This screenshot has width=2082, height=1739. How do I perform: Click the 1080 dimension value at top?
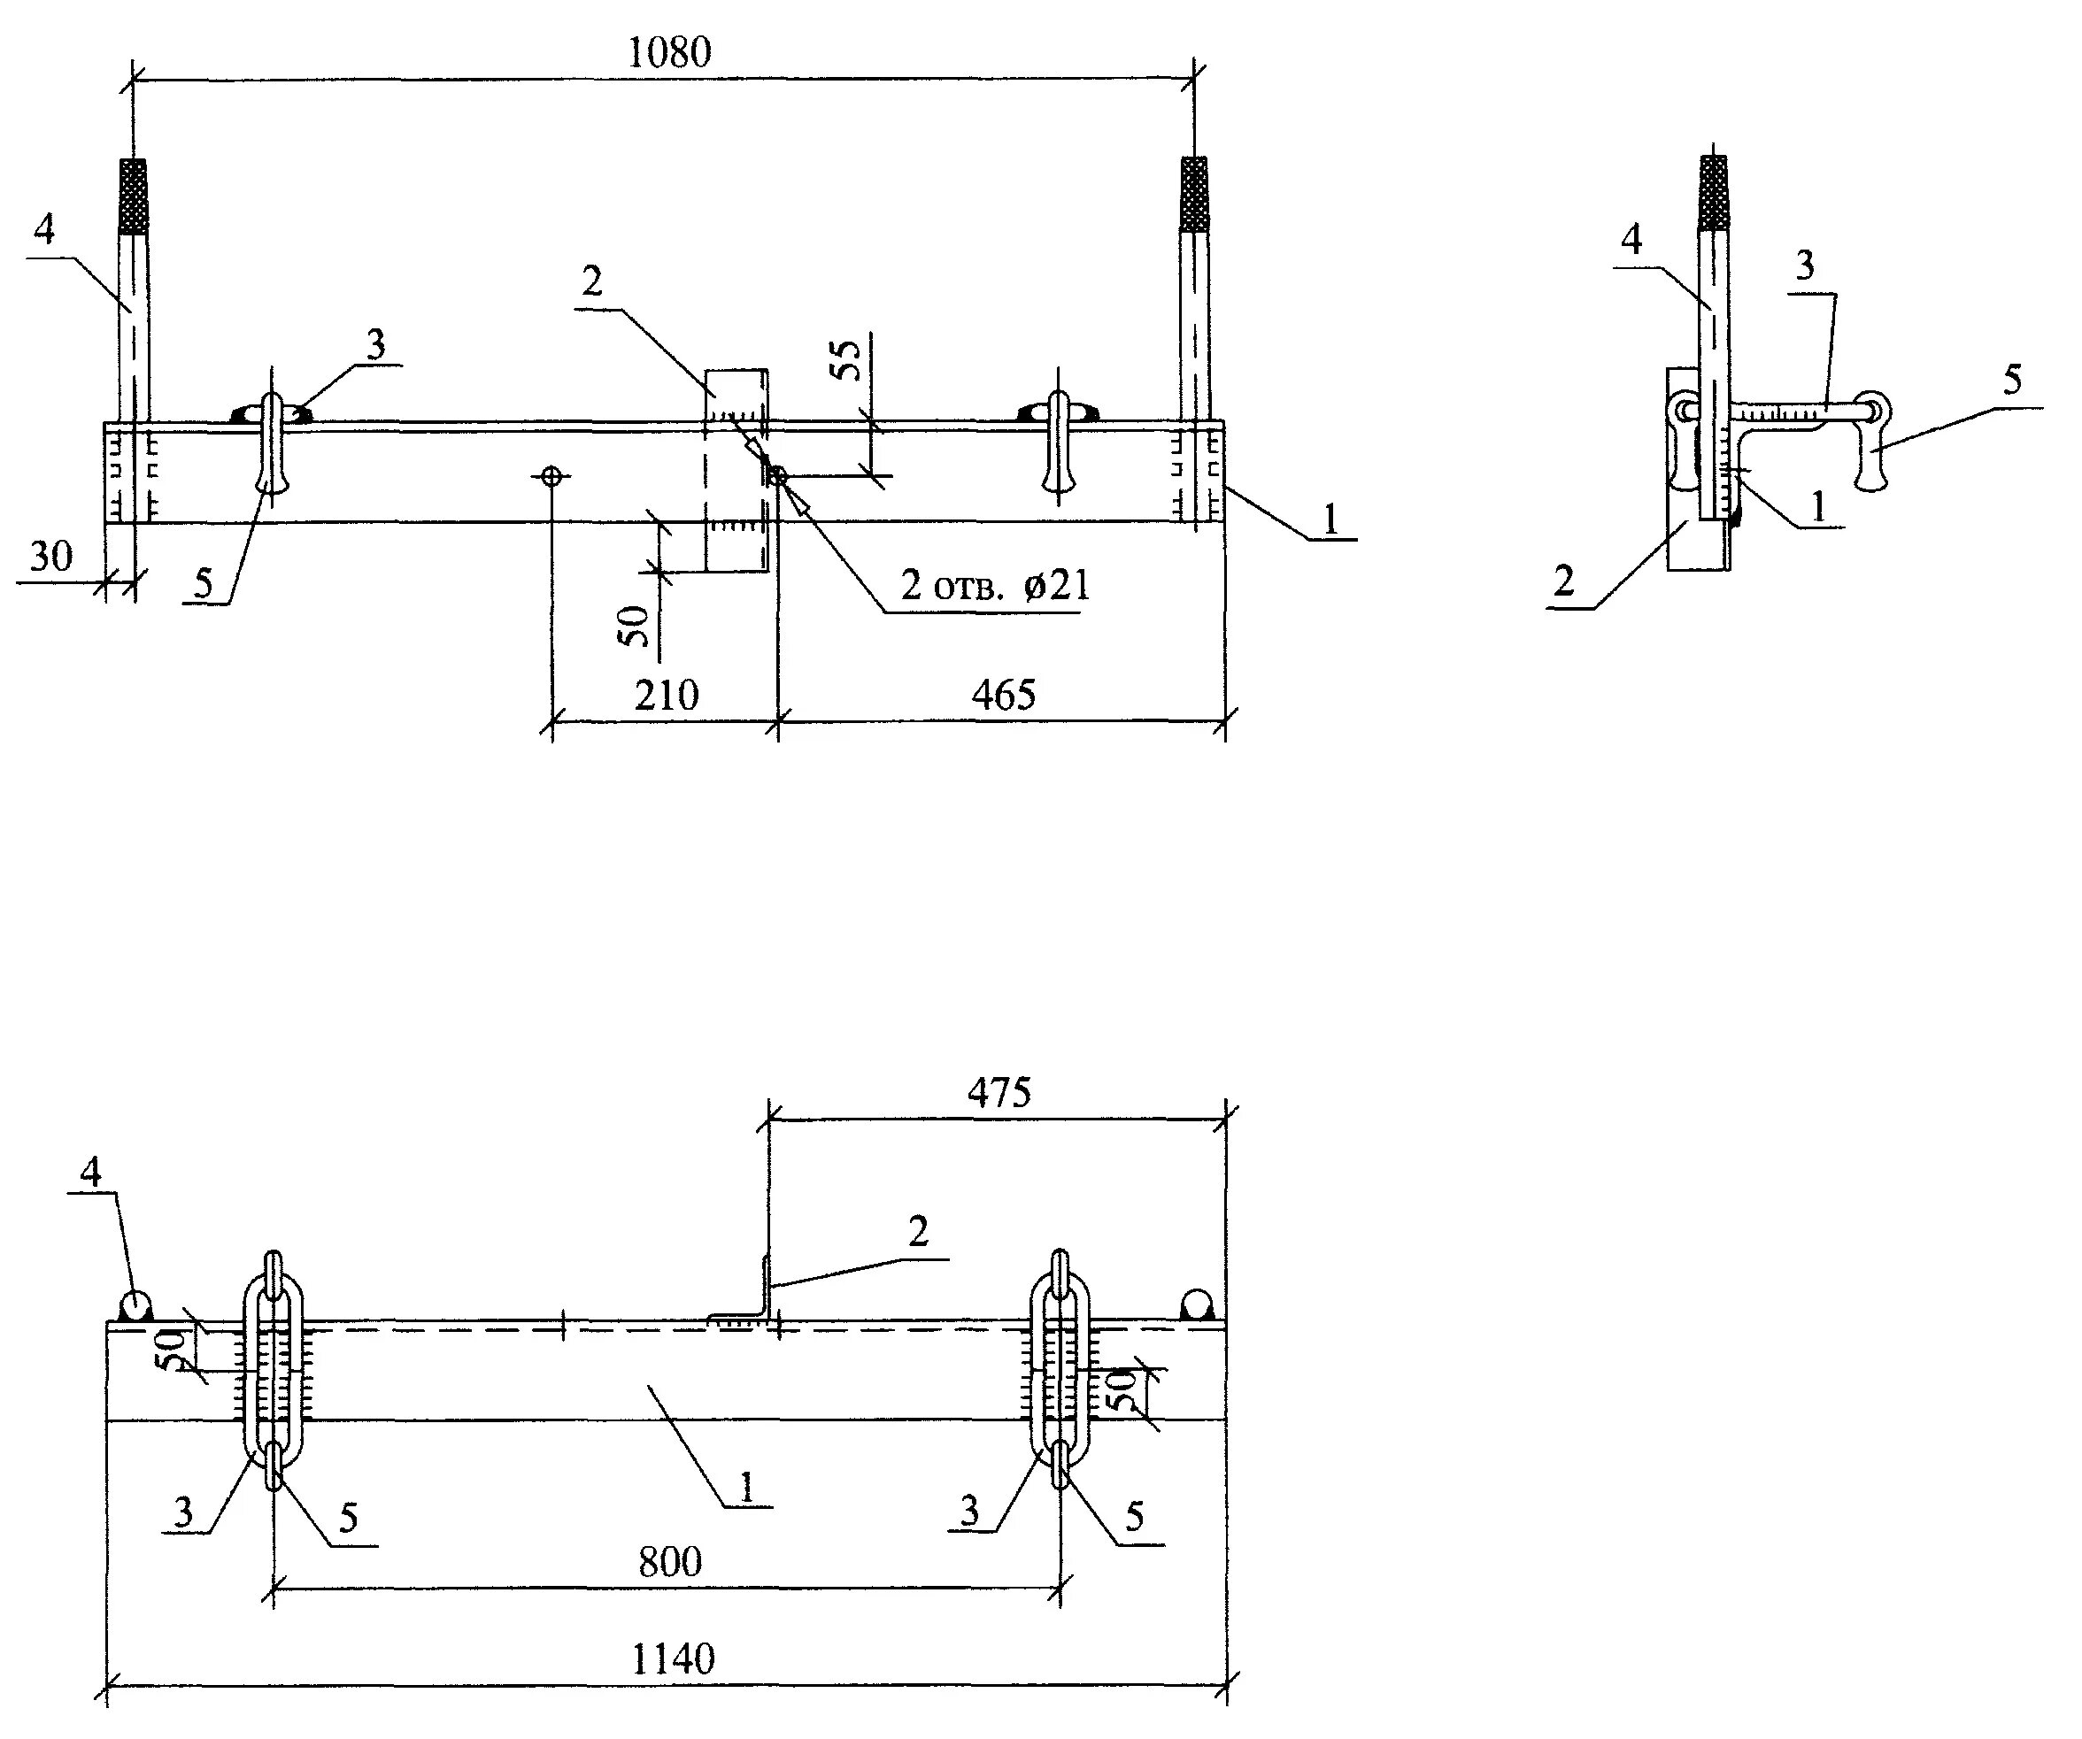669,52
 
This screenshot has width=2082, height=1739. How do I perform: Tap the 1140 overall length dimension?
673,1658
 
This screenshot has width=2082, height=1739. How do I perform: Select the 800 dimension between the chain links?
670,1563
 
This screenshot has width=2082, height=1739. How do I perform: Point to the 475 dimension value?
999,1093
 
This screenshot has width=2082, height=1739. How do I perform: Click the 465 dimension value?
1003,695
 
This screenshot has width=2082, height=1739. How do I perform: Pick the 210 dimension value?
667,695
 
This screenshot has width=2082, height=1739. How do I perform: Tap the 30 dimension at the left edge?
50,556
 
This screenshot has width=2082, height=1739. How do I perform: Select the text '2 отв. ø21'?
995,586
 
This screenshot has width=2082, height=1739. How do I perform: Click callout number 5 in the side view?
2011,379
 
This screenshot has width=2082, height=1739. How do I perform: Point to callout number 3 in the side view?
1804,265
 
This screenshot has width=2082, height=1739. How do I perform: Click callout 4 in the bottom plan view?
90,1173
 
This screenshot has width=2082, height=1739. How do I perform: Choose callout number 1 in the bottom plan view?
746,1486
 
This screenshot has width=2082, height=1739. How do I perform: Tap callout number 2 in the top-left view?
592,282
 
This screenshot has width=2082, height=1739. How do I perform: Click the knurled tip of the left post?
134,196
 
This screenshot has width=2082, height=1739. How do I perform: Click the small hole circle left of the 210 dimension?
552,477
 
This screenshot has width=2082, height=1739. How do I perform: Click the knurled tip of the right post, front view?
1195,193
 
